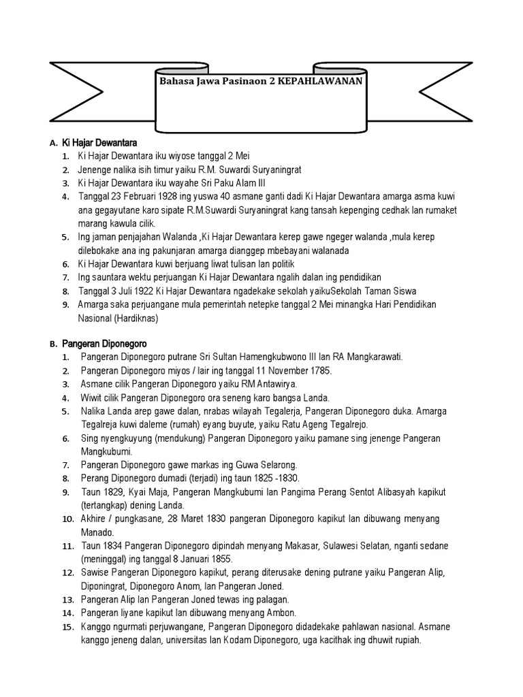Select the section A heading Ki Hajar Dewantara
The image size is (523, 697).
tap(99, 143)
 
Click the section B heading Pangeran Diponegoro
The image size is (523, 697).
tap(104, 344)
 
